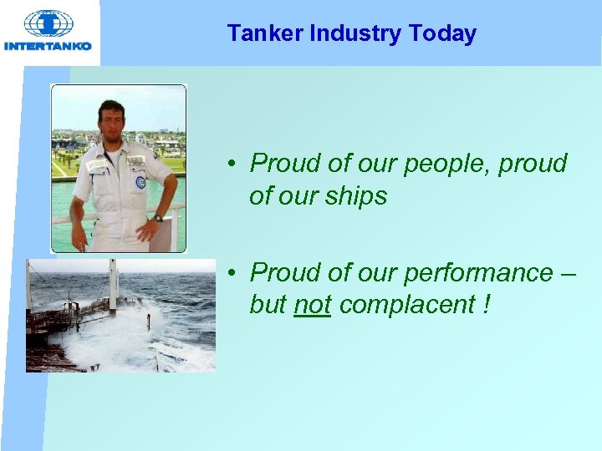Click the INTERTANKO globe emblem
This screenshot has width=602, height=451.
pyautogui.click(x=48, y=23)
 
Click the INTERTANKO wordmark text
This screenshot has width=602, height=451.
pyautogui.click(x=48, y=46)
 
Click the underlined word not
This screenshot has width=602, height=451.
pyautogui.click(x=313, y=306)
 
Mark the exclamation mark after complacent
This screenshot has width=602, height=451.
pyautogui.click(x=487, y=305)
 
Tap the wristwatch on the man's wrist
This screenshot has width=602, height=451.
pyautogui.click(x=157, y=218)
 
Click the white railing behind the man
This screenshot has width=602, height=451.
pyautogui.click(x=63, y=220)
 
